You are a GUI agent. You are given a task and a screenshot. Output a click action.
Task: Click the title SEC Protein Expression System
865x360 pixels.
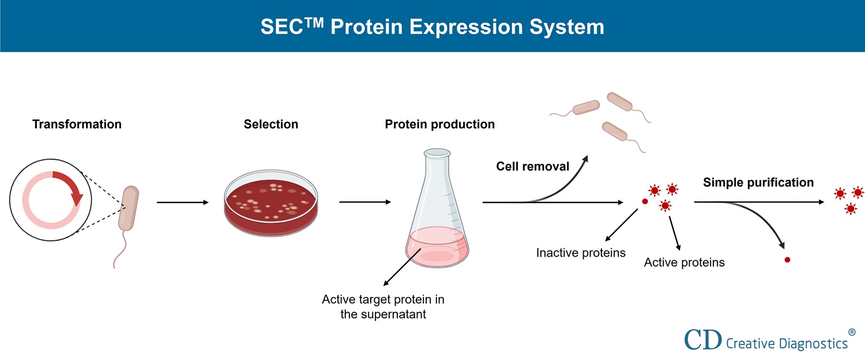tap(432, 27)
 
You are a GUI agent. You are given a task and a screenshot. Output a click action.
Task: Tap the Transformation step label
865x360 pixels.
tap(77, 124)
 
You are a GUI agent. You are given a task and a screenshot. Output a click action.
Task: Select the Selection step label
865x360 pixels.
tap(271, 124)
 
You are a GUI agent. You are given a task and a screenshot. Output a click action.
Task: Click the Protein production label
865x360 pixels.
tap(440, 124)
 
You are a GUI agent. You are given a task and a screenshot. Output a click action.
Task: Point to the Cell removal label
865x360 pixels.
tap(533, 167)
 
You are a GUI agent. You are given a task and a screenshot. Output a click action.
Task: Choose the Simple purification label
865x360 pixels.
tap(758, 182)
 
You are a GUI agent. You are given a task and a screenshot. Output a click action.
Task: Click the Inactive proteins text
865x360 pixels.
tap(581, 253)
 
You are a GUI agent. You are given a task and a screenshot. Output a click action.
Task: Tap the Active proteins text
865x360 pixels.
tap(685, 262)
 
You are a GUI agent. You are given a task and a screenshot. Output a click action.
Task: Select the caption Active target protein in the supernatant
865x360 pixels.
tap(383, 307)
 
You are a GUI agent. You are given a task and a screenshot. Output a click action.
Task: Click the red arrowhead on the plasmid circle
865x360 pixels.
tap(77, 198)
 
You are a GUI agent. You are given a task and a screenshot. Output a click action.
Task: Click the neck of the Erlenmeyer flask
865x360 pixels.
tap(437, 173)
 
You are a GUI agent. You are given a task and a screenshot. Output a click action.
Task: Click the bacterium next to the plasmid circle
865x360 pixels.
tap(129, 208)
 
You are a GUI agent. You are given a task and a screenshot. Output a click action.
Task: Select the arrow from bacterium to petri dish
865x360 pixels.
tap(183, 202)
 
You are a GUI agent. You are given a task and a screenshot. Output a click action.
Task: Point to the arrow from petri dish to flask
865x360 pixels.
tap(366, 202)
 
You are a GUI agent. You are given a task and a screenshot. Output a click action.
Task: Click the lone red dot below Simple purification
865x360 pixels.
tap(787, 260)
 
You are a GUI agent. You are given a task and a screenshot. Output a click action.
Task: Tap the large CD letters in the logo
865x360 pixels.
tap(702, 340)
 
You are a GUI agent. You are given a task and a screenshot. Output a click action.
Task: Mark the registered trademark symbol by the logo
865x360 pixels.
tap(852, 332)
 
